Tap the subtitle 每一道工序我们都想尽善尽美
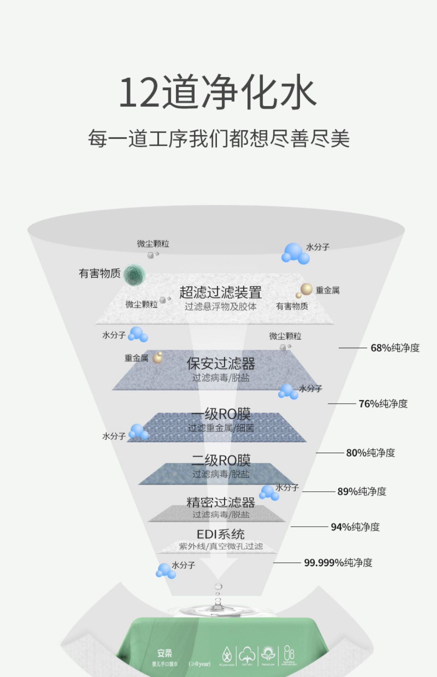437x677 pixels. click(x=218, y=138)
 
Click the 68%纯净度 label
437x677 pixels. click(x=395, y=348)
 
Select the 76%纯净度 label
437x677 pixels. click(x=383, y=404)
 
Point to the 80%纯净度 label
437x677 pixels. click(x=370, y=453)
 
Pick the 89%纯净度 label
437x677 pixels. click(x=362, y=492)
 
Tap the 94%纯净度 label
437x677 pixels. click(x=355, y=527)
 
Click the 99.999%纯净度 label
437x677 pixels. click(x=338, y=563)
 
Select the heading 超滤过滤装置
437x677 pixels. click(x=220, y=292)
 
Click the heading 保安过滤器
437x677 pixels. click(x=221, y=364)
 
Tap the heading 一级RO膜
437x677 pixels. click(x=221, y=414)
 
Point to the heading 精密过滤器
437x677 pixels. click(x=221, y=502)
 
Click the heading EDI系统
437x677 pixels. click(x=221, y=534)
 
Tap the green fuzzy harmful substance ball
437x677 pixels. click(x=135, y=275)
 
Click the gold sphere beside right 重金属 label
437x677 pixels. click(x=306, y=289)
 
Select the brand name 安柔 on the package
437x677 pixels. click(x=165, y=653)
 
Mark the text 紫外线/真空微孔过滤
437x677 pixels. click(x=221, y=547)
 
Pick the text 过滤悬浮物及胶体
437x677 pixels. click(x=221, y=306)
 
